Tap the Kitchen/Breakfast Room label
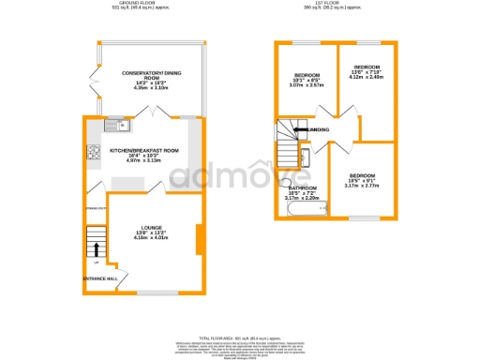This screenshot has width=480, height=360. click(x=143, y=151)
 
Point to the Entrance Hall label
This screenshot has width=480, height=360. click(x=100, y=279)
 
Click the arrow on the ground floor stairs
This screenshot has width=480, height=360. click(x=95, y=248)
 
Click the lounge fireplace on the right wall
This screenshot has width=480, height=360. click(x=198, y=239)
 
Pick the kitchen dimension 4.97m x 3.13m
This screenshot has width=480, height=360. click(x=143, y=161)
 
